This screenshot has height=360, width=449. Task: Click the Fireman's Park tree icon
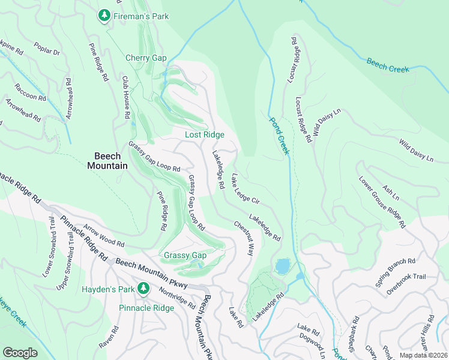[104, 14]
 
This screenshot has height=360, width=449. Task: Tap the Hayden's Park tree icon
[143, 289]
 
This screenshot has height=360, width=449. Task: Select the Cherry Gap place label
[145, 58]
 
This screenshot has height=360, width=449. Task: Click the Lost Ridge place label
[204, 134]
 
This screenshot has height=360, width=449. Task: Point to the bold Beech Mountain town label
[107, 160]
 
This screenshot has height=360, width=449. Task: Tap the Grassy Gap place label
[185, 255]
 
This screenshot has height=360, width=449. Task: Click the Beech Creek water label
[387, 65]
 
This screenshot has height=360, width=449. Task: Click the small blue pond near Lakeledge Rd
[282, 265]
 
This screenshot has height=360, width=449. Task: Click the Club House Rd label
[127, 98]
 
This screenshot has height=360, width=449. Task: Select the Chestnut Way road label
[244, 239]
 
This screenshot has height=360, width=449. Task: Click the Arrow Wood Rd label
[104, 236]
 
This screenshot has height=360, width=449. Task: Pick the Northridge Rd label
[177, 297]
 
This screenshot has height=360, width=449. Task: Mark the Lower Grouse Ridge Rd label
[382, 202]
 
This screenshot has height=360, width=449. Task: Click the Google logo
[20, 353]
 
